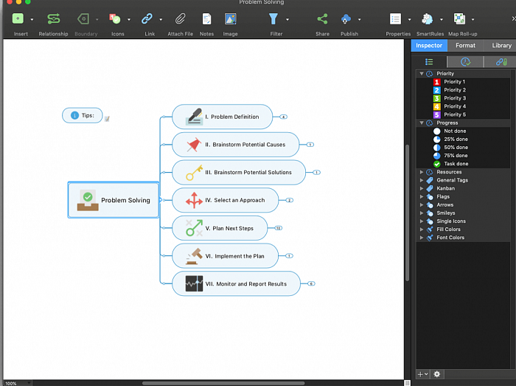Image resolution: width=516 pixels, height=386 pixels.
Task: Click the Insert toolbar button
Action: pos(18,19)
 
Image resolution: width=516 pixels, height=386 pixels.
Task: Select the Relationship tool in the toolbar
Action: pos(53,19)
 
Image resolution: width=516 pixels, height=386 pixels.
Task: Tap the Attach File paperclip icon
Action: pos(180,19)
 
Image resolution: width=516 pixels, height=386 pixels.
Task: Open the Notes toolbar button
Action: pos(207,19)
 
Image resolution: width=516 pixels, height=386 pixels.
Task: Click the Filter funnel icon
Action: pos(273,19)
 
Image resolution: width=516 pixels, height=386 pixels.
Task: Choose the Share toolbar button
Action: pos(322,19)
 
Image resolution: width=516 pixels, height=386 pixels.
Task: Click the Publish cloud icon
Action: pos(346,19)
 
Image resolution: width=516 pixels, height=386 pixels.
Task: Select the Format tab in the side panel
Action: pos(465,46)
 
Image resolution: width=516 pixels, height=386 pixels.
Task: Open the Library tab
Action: pos(501,46)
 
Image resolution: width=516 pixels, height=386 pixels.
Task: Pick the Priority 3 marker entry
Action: pos(454,98)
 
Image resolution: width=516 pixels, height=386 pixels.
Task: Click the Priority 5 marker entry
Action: pos(454,114)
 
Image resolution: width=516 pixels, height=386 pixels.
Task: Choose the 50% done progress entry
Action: pos(456,148)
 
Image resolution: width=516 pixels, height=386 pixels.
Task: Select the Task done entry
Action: pos(456,164)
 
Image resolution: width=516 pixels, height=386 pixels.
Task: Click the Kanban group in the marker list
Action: pos(447,188)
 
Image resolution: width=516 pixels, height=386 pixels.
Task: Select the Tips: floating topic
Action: pos(83,115)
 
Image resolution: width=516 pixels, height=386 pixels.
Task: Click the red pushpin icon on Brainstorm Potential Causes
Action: pos(194,144)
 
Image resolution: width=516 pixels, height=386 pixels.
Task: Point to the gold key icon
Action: pos(194,172)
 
